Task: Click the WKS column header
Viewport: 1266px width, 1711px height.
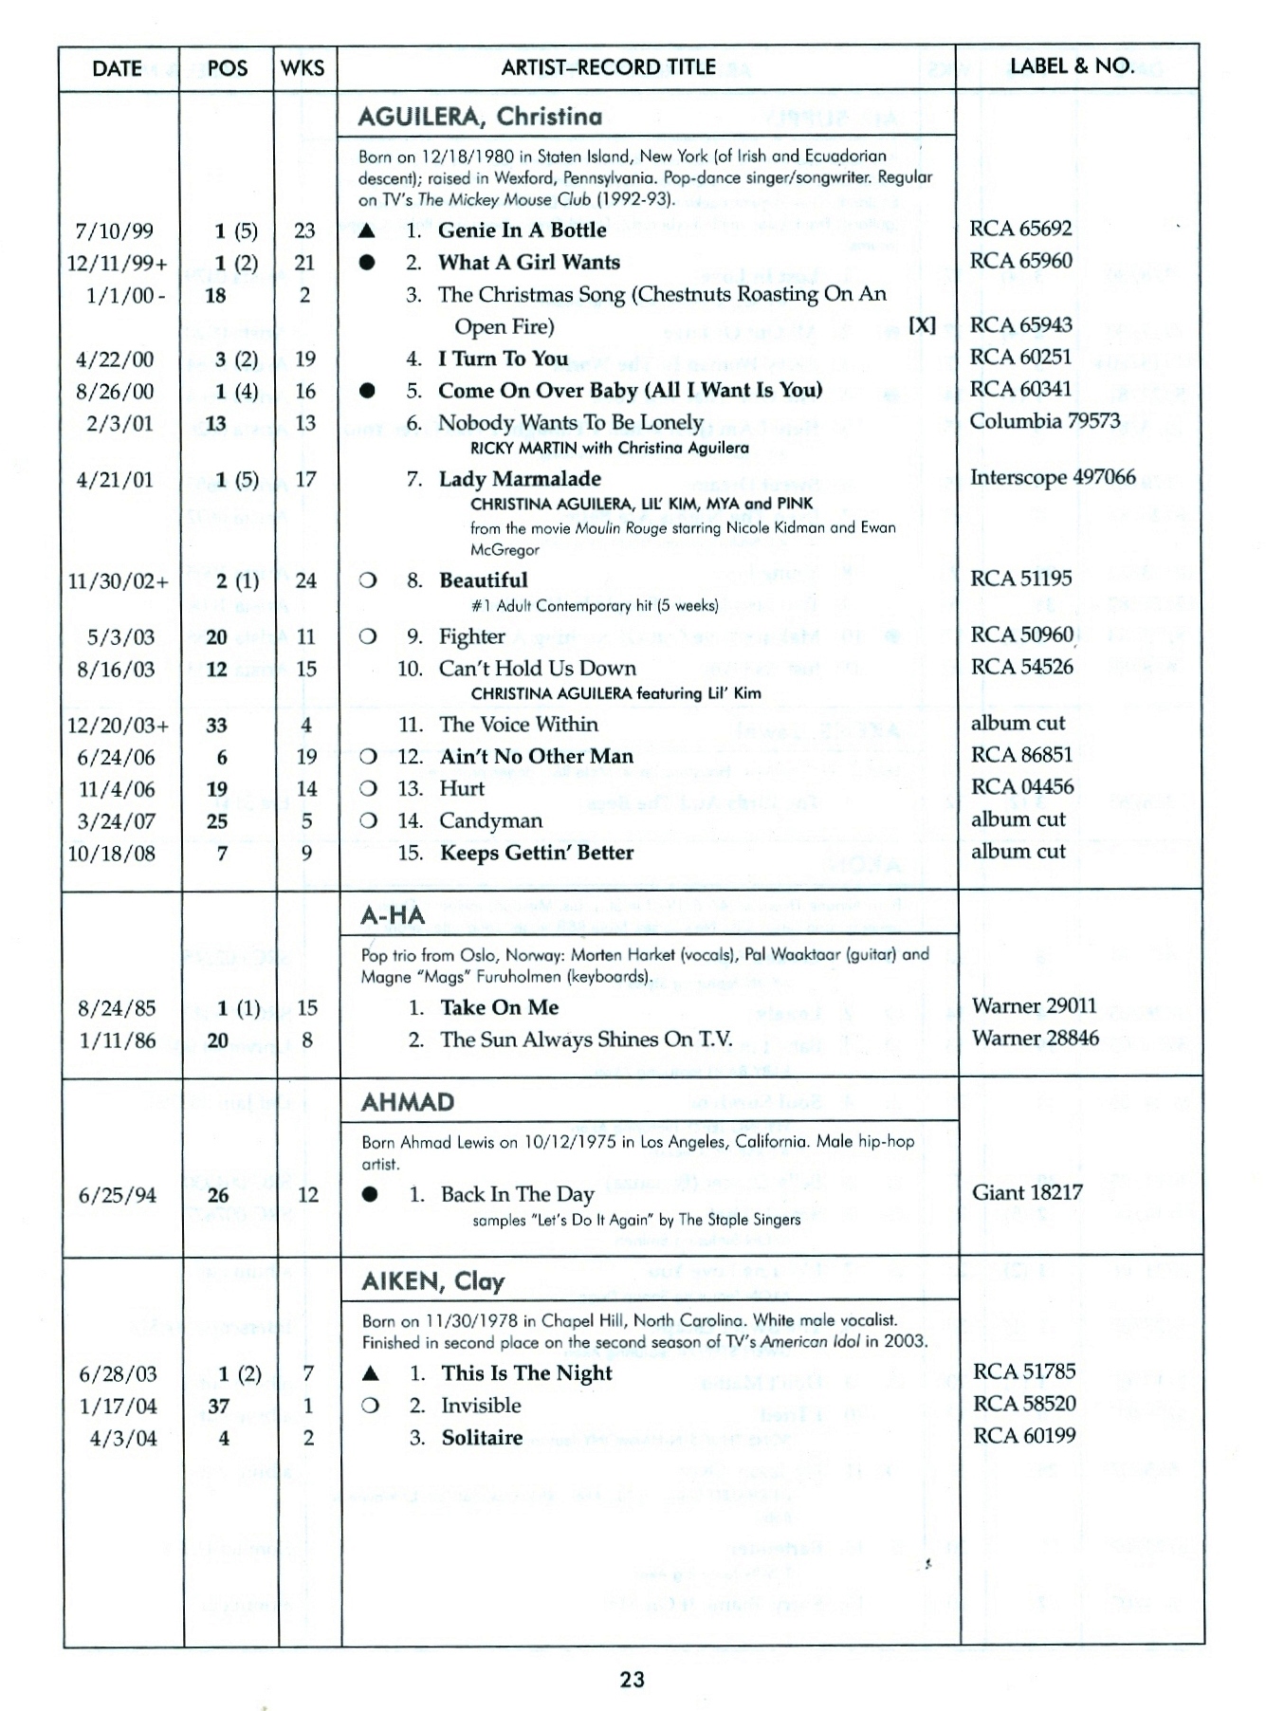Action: click(303, 68)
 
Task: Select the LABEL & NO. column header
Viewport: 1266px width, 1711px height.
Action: click(1072, 66)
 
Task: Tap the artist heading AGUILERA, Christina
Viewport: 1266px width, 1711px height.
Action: click(480, 117)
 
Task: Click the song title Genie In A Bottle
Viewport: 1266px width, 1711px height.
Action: click(522, 230)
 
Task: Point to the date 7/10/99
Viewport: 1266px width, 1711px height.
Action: click(114, 231)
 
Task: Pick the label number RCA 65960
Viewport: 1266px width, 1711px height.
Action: click(1020, 261)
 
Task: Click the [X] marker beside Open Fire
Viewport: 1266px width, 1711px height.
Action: click(922, 325)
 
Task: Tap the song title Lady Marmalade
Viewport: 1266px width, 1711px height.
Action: click(520, 479)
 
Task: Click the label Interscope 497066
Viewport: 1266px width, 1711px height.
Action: click(1052, 477)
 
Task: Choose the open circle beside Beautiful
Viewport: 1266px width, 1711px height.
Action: click(368, 580)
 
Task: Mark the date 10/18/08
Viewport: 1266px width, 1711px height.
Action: click(111, 854)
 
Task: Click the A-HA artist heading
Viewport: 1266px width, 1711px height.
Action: click(393, 915)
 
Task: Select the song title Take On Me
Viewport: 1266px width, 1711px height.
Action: click(499, 1007)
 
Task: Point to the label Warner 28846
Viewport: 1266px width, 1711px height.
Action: click(1035, 1039)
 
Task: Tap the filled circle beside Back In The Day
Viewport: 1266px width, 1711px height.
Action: click(370, 1194)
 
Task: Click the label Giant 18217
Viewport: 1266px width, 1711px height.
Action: click(1027, 1193)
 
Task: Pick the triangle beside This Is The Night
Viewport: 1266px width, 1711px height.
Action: click(371, 1373)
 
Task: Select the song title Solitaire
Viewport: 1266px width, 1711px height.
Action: click(482, 1438)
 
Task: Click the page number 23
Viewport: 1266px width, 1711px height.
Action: click(633, 1680)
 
